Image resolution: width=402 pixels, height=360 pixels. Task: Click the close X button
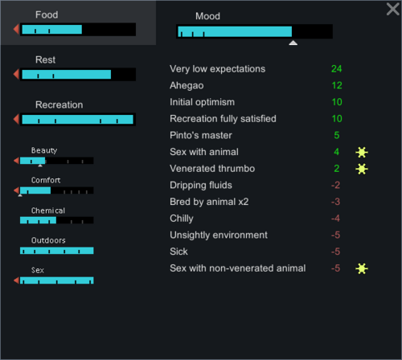(392, 9)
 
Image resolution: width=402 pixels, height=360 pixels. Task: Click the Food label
(47, 14)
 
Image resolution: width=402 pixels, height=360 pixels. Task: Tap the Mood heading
(207, 15)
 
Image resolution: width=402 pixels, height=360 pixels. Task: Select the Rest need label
(46, 59)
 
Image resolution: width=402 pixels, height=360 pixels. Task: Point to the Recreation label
(59, 104)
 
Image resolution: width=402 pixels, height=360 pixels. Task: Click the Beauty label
(44, 150)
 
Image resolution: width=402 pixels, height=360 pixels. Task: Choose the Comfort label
(46, 180)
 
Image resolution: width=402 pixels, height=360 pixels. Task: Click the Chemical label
(47, 211)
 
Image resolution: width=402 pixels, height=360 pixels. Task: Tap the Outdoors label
(48, 240)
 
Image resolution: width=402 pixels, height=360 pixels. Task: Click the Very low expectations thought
(217, 69)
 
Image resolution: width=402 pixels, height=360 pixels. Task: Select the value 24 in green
(336, 69)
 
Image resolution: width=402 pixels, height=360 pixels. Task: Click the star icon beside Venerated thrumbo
(362, 169)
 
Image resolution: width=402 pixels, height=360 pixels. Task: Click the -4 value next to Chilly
(335, 219)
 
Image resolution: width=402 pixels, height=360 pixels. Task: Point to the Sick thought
(178, 252)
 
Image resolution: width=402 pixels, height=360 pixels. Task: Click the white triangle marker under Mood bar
(293, 43)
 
